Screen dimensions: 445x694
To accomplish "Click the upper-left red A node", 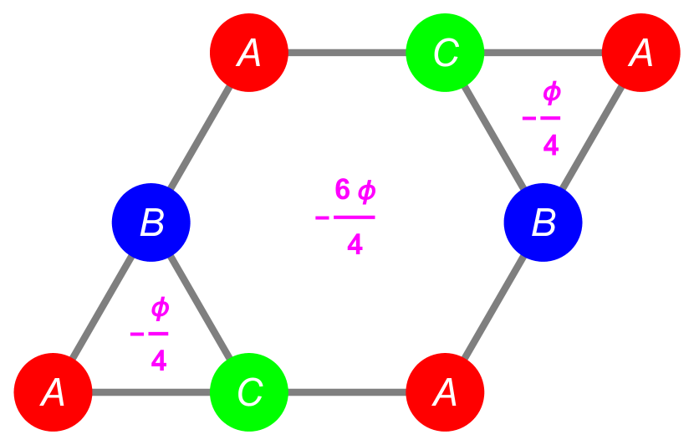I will [249, 53].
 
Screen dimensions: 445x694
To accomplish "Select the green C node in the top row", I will [445, 53].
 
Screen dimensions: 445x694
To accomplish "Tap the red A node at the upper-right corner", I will [640, 53].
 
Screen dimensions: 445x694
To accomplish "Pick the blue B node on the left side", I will [151, 222].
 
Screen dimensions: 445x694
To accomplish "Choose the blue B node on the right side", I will [543, 222].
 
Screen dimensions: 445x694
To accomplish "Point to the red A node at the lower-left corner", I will [53, 391].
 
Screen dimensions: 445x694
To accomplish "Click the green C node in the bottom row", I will [249, 391].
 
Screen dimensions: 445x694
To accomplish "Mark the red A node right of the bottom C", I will [445, 391].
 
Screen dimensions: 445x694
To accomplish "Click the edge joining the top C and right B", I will [493, 137].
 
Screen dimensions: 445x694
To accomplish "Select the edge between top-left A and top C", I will [347, 53].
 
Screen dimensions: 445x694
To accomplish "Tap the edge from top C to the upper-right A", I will [543, 53].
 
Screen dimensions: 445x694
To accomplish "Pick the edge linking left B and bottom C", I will [201, 307].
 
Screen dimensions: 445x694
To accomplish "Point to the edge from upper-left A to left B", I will [201, 137].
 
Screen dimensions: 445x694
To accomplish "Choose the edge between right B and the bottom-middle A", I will [493, 307].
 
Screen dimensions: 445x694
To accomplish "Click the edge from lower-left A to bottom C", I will [151, 391].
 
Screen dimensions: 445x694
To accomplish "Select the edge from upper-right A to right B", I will [592, 137].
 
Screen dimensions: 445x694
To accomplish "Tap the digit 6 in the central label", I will [342, 190].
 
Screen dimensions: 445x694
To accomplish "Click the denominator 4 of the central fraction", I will [355, 244].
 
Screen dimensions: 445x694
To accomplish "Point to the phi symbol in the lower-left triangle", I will [160, 309].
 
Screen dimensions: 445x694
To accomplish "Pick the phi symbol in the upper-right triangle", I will [551, 93].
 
